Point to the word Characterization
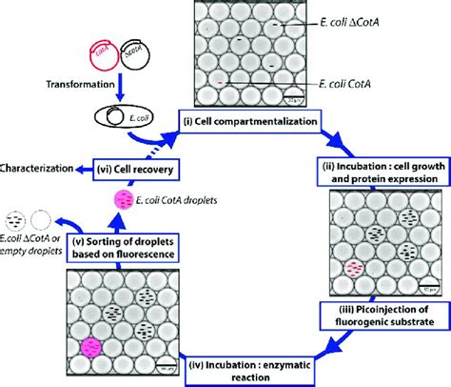pos(38,169)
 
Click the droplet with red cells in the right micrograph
pos(331,270)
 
